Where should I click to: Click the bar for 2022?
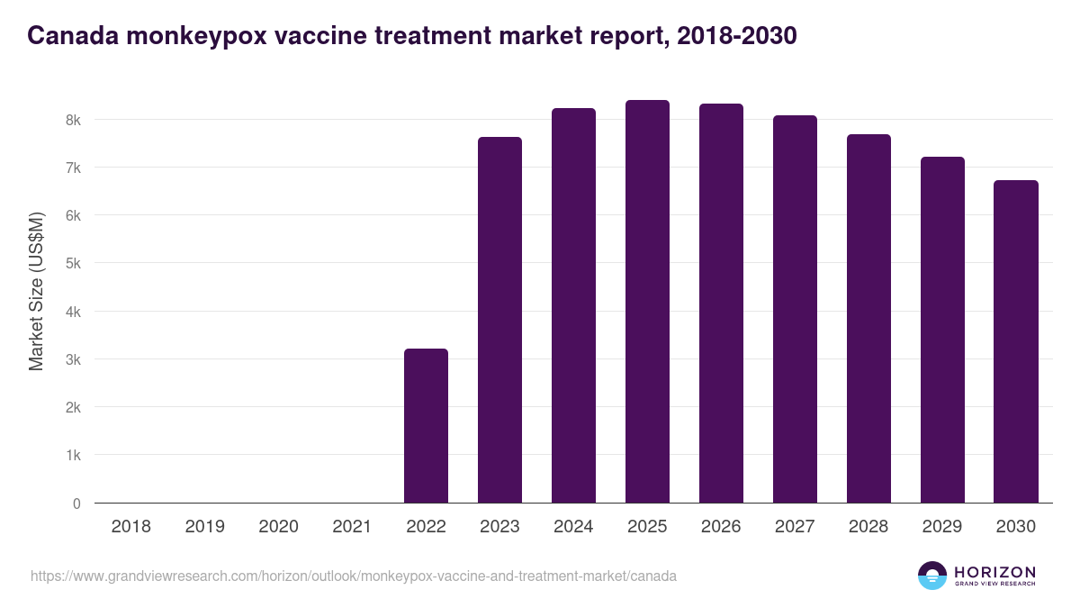coord(426,426)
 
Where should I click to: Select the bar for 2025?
coord(647,302)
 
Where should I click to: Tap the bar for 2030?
coord(1016,342)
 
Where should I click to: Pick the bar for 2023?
coord(499,320)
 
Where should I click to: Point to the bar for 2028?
coord(868,319)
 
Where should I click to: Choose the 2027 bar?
coord(795,309)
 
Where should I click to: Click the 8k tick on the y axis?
coord(72,120)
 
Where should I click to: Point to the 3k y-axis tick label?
coord(72,359)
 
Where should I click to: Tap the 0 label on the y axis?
coord(76,504)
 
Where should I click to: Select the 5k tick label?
coord(72,264)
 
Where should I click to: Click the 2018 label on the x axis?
coord(130,527)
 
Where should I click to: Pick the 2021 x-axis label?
coord(352,527)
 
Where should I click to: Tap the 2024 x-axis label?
coord(573,527)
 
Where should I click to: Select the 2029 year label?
coord(942,527)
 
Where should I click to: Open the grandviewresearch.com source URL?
coord(354,576)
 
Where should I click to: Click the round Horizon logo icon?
coord(932,576)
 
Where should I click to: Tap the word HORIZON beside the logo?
coord(994,572)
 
